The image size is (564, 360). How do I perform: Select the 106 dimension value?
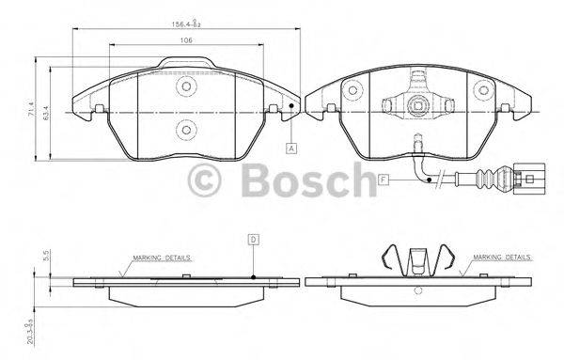click(187, 39)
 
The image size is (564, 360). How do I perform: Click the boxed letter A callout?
click(292, 149)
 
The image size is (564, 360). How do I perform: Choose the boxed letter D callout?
click(254, 240)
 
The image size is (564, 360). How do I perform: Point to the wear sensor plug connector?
click(527, 175)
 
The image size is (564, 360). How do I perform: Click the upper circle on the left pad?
click(186, 86)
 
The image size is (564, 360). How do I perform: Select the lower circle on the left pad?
click(186, 130)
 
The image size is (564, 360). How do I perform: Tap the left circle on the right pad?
click(352, 89)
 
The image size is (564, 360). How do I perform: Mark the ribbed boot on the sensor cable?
click(492, 176)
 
